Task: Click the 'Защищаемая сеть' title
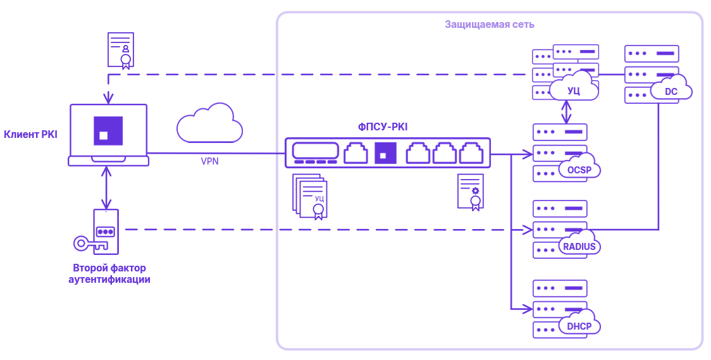489,25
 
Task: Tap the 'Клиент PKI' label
30,133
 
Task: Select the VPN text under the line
209,161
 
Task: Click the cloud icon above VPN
209,123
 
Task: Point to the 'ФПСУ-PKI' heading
383,127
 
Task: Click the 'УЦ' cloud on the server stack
574,89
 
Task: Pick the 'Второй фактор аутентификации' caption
109,273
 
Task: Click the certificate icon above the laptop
120,50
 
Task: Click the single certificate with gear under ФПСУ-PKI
471,192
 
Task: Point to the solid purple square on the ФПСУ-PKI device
385,152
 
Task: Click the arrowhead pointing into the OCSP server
527,153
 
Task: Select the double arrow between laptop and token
108,188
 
